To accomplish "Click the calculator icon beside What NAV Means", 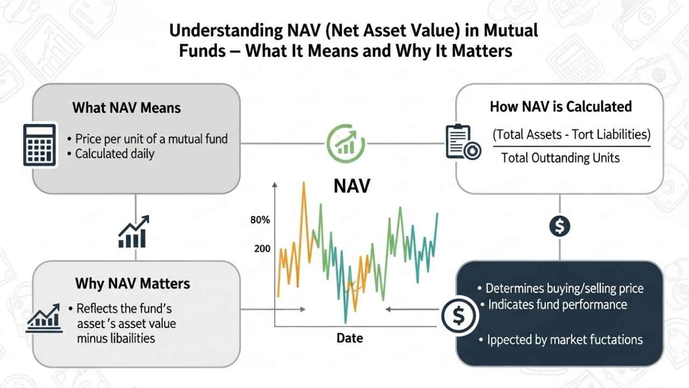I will pyautogui.click(x=40, y=144).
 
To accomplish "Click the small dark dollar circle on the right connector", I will pyautogui.click(x=560, y=226).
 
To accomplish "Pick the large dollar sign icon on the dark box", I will pyautogui.click(x=459, y=317).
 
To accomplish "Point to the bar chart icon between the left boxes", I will pyautogui.click(x=133, y=232).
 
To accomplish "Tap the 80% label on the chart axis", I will pyautogui.click(x=260, y=220).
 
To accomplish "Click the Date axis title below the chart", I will pyautogui.click(x=349, y=338).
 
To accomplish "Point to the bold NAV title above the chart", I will pyautogui.click(x=352, y=186).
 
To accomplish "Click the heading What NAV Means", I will pyautogui.click(x=126, y=108).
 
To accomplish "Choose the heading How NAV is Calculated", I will pyautogui.click(x=560, y=107).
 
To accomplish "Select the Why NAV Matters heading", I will pyautogui.click(x=132, y=283).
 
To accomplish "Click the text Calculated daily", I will pyautogui.click(x=115, y=154).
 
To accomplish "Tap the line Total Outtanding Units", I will pyautogui.click(x=560, y=158).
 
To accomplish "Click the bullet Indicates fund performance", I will pyautogui.click(x=557, y=304).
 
